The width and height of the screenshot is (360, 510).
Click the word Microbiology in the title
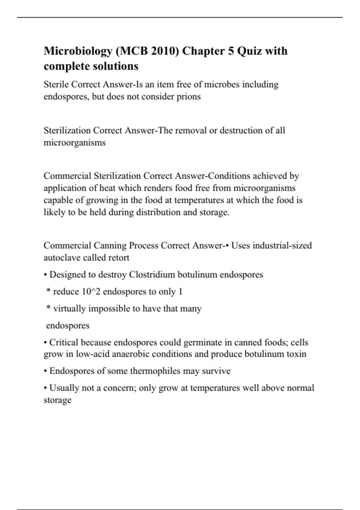click(78, 51)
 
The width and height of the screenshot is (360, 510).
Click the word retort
click(119, 258)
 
